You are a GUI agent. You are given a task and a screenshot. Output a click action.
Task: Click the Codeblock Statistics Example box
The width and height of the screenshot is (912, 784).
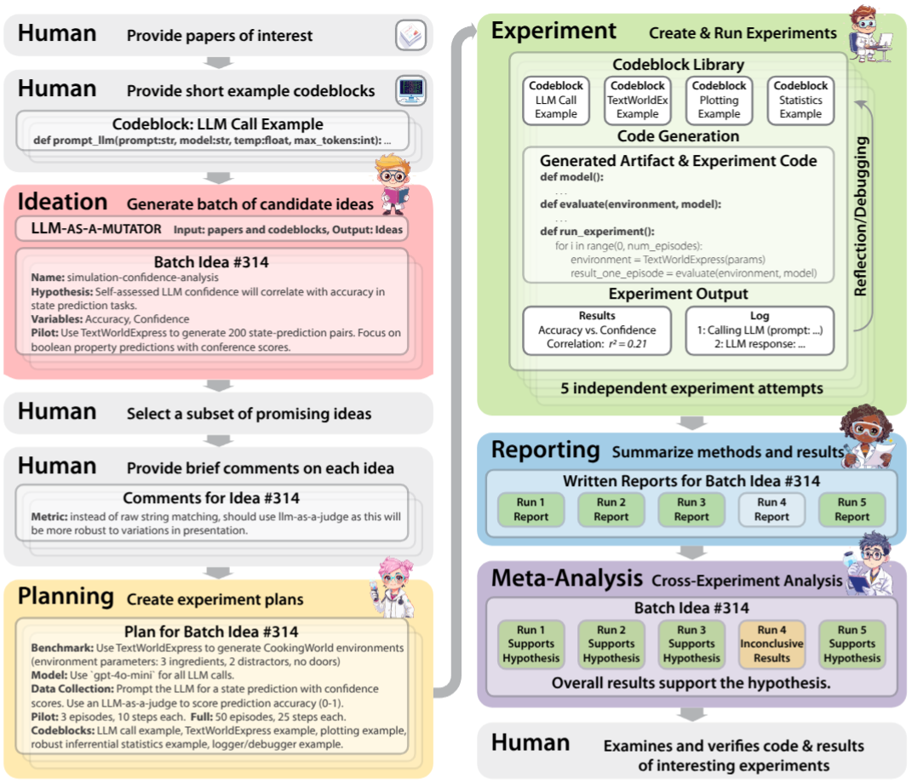click(x=800, y=100)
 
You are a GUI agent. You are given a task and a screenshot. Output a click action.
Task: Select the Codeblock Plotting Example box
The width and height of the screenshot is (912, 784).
click(x=719, y=100)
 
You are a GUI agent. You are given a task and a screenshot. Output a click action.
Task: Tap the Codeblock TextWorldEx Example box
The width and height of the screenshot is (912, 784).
click(x=638, y=100)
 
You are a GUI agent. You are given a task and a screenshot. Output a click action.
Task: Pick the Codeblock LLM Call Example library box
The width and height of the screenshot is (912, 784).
click(x=556, y=100)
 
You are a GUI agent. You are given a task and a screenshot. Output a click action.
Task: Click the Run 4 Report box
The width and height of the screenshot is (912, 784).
click(x=771, y=510)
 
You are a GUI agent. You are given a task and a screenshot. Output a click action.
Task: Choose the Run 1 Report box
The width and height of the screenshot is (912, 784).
click(x=531, y=510)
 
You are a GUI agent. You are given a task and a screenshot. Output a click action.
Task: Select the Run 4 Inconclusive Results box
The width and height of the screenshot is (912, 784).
click(x=771, y=644)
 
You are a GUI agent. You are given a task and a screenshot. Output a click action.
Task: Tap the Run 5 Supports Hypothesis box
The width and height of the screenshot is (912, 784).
click(x=852, y=644)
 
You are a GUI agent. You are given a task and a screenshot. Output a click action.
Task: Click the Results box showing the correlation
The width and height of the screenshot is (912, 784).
click(x=597, y=330)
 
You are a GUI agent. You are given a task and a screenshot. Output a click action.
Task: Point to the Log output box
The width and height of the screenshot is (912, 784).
click(x=760, y=330)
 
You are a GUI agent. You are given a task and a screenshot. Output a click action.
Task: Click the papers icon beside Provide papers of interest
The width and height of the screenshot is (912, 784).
click(x=410, y=35)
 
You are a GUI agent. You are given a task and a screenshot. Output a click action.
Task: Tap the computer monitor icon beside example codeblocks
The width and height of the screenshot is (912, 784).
click(x=410, y=90)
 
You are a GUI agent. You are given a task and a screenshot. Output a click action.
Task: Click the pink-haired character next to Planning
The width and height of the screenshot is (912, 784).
click(x=393, y=587)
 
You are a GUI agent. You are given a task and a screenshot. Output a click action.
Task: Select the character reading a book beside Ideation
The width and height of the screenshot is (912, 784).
click(x=393, y=184)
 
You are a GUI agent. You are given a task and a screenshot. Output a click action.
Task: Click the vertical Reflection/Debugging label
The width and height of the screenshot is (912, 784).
click(x=861, y=216)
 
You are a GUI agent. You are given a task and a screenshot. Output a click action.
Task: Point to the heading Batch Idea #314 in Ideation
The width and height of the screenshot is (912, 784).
click(x=211, y=261)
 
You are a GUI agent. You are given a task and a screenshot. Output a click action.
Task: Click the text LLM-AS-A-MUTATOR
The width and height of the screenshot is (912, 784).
click(x=96, y=229)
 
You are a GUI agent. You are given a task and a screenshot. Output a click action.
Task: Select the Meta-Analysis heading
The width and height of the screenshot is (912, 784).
click(x=567, y=577)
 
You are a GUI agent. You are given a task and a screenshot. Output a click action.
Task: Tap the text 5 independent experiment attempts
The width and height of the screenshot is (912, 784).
click(x=691, y=388)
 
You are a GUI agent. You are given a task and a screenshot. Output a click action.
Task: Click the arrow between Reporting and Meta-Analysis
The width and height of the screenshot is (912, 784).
click(x=692, y=552)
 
